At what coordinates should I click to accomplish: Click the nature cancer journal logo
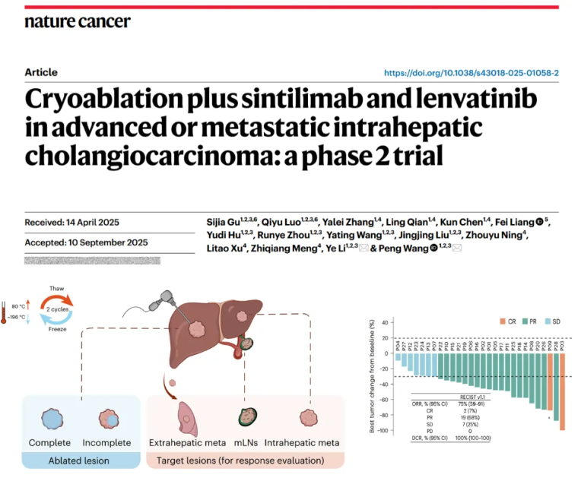click(77, 21)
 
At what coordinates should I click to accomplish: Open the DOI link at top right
click(471, 73)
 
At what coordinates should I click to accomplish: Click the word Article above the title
click(41, 73)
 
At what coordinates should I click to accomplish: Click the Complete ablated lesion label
click(49, 442)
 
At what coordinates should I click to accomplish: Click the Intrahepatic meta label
click(310, 442)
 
